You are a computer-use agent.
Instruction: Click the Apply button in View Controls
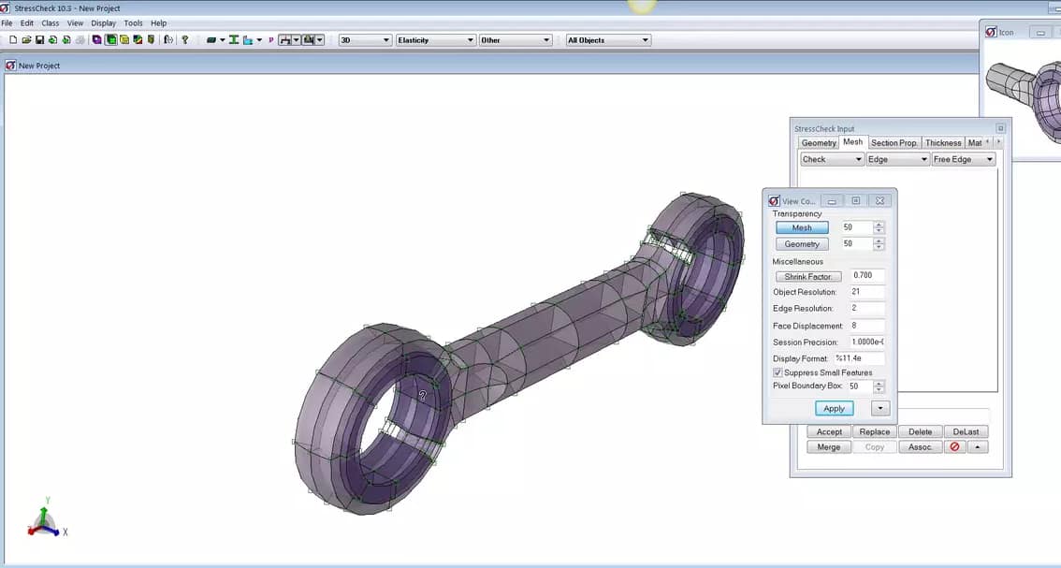point(834,408)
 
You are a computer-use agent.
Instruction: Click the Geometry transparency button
point(802,244)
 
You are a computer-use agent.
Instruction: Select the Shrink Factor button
point(808,277)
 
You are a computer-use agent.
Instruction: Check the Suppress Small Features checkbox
point(778,372)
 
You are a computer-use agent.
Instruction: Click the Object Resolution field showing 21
point(866,293)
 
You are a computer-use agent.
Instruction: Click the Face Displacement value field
point(866,326)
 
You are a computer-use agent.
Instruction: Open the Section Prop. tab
point(894,143)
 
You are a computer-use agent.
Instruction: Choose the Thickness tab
point(942,143)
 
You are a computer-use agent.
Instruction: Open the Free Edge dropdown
point(963,159)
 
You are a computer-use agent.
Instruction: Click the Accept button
point(829,432)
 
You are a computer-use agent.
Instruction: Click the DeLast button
point(967,432)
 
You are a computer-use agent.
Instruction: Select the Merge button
point(829,447)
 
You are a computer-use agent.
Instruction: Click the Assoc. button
point(920,447)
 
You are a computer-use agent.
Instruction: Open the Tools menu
point(133,23)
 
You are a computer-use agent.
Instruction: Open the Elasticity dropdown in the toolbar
point(435,40)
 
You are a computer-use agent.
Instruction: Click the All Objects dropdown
point(607,40)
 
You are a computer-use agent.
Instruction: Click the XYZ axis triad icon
point(44,521)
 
